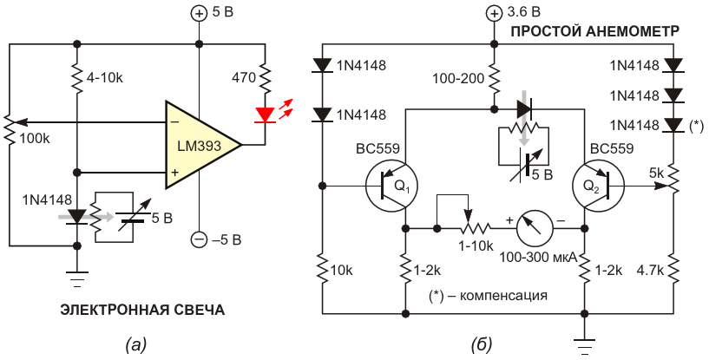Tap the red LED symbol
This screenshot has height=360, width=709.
point(265,115)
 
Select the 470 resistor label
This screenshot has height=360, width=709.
point(244,78)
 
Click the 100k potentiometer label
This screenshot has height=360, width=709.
point(35,139)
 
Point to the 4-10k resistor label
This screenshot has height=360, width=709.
point(104,78)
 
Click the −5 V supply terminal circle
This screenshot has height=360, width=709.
point(199,239)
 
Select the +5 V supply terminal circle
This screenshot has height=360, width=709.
point(199,14)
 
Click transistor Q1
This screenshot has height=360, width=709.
point(392,186)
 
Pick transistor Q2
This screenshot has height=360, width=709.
point(598,186)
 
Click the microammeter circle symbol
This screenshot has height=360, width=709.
point(535,229)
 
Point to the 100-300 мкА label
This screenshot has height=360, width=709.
point(537,258)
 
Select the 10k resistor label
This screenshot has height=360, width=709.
point(342,271)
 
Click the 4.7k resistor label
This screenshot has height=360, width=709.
point(650,271)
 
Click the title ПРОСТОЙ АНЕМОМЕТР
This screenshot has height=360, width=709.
point(594,31)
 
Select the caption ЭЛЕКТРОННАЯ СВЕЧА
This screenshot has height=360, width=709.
point(142,311)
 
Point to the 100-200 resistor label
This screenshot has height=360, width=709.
point(458,79)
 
